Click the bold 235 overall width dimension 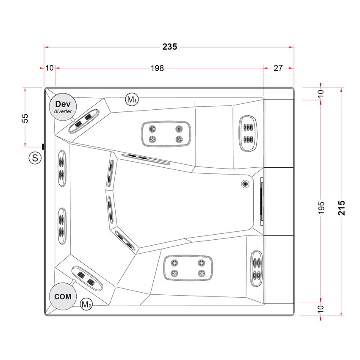[x=170, y=47]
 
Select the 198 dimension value [x=157, y=68]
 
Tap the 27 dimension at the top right [x=278, y=68]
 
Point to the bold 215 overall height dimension [x=342, y=208]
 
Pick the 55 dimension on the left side [x=25, y=118]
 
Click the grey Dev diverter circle [x=63, y=106]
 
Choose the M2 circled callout [x=86, y=303]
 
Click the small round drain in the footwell [x=245, y=183]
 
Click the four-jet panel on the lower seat [x=187, y=268]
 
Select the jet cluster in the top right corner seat [x=248, y=133]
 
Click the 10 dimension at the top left [x=50, y=68]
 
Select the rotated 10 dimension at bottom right [x=321, y=308]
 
